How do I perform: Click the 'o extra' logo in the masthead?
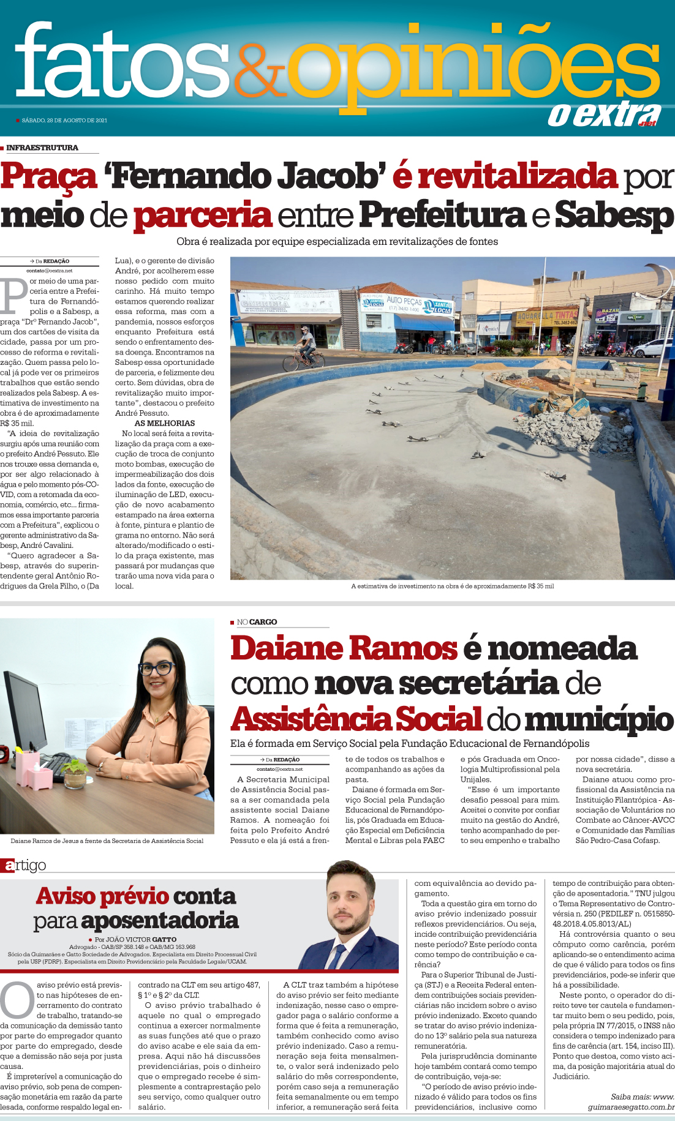click(x=603, y=114)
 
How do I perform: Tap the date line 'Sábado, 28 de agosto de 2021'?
click(x=64, y=121)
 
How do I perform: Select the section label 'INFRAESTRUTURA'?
click(x=42, y=148)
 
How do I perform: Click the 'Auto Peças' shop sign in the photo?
click(x=404, y=302)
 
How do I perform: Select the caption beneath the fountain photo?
click(x=452, y=586)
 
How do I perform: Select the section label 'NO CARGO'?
click(x=257, y=622)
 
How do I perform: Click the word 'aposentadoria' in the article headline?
click(x=159, y=921)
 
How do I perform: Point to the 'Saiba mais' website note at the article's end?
click(x=641, y=1102)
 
